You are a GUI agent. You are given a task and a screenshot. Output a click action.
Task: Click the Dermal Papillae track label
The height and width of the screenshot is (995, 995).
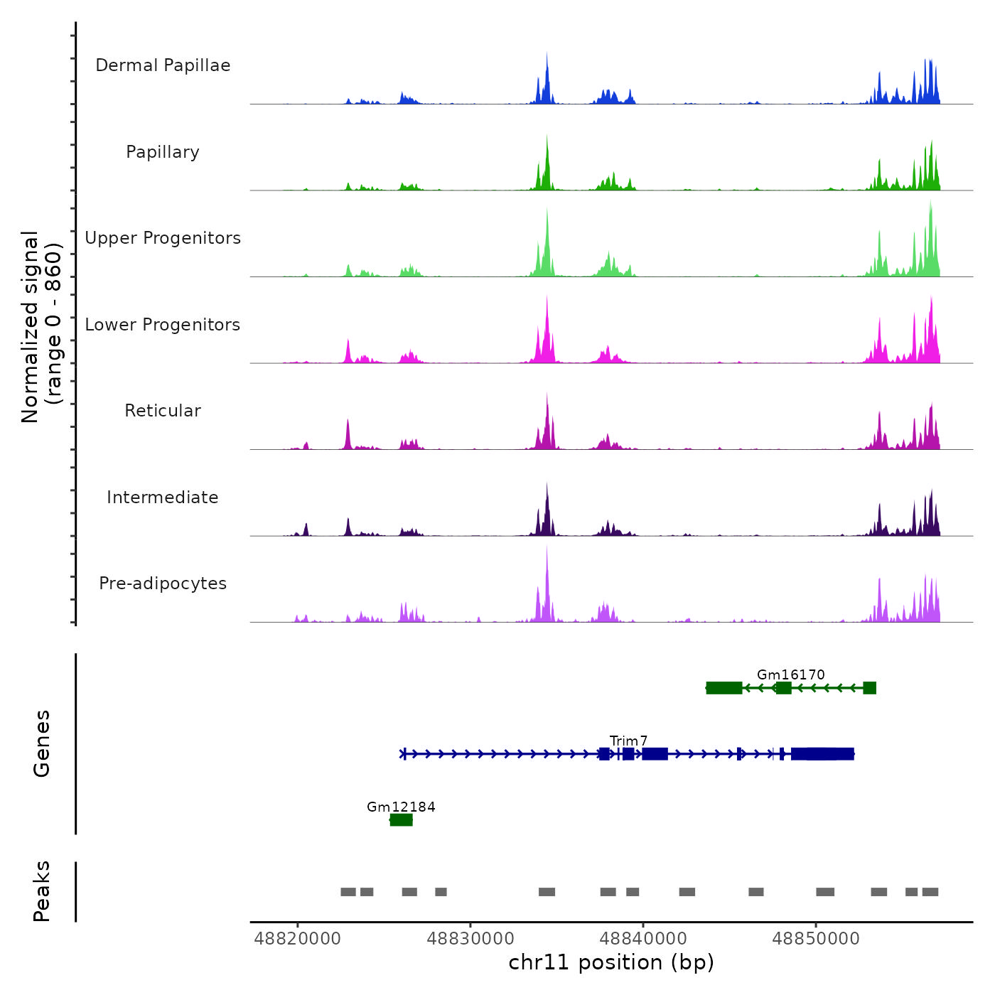point(163,65)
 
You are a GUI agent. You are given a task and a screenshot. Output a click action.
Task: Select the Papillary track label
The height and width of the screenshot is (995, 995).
point(163,152)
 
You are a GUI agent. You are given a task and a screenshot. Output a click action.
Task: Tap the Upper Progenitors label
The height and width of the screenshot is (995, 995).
point(163,238)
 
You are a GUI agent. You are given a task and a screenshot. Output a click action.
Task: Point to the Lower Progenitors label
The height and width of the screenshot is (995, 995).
point(163,325)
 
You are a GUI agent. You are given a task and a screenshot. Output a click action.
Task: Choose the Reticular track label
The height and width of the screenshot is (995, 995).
point(163,411)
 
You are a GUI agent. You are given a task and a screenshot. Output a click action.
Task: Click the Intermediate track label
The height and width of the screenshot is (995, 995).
point(163,497)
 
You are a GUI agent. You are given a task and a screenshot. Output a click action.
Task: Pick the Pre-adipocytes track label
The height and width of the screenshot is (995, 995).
point(163,583)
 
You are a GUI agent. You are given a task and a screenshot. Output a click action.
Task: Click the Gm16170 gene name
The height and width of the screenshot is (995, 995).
point(790,674)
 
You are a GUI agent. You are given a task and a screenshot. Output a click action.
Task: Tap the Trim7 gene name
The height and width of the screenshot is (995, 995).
point(628,741)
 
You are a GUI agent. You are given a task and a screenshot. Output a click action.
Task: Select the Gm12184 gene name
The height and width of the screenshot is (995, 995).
point(401,807)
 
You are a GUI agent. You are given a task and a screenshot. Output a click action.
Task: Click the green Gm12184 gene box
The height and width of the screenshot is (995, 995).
point(402,820)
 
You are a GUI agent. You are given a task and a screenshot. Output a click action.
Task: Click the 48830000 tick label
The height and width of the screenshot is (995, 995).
point(470,939)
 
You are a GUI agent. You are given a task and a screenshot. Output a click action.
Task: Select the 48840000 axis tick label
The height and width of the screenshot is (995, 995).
point(643,939)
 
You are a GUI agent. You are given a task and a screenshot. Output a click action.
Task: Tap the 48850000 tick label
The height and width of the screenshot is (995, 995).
point(816,939)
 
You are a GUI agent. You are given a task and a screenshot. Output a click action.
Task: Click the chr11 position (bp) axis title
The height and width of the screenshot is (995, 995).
point(611,962)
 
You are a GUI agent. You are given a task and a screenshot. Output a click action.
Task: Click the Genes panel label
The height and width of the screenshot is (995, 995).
point(42,743)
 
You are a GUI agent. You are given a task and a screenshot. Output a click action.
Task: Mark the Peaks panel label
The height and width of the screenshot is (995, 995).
point(42,891)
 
